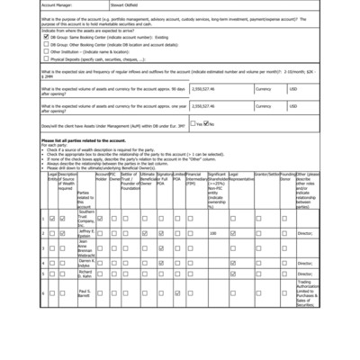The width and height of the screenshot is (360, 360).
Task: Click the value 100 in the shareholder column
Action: tap(213, 233)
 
